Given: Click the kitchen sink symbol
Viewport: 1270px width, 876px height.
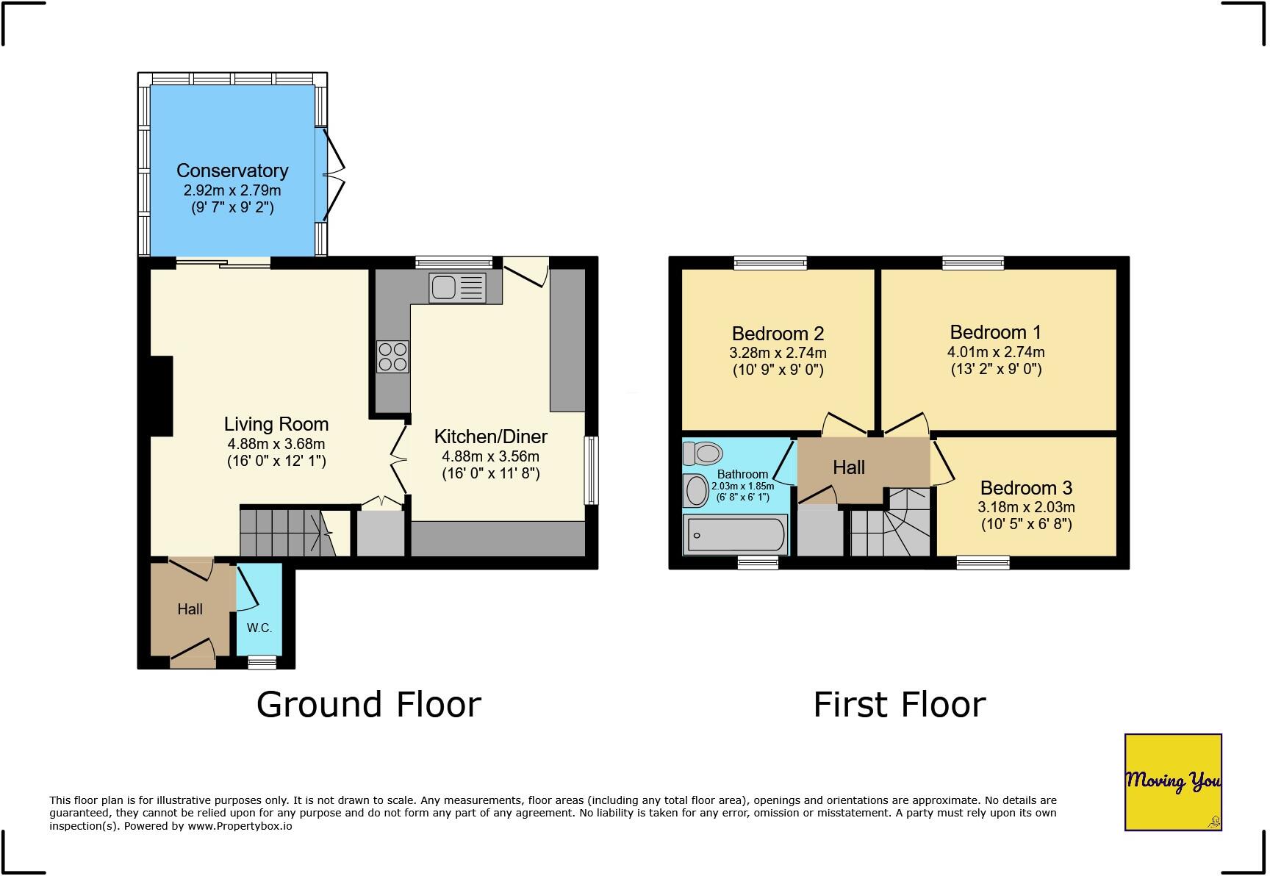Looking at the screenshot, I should click(457, 287).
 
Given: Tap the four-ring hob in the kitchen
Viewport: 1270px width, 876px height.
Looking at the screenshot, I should click(392, 357).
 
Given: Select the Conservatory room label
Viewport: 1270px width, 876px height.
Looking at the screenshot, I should click(232, 170).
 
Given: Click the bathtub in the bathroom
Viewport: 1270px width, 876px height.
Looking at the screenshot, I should click(735, 535).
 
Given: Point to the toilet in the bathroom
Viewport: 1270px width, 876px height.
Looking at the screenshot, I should click(701, 453).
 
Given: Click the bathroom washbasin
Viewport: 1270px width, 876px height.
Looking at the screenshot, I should click(696, 491).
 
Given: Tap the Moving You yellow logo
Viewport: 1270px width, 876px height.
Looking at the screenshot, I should click(1172, 782).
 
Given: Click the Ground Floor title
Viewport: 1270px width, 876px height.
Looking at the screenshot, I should click(368, 704).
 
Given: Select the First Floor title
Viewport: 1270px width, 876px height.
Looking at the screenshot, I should click(899, 704).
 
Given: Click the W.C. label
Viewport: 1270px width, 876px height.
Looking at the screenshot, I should click(259, 628).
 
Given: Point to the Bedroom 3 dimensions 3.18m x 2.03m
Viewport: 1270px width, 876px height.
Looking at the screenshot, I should click(1026, 507).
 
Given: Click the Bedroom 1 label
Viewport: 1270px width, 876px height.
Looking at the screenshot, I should click(995, 332).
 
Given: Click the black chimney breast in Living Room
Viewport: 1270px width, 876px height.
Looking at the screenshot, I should click(161, 395).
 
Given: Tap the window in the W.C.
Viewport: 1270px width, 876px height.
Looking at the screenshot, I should click(262, 662).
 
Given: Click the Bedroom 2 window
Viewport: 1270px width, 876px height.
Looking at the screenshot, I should click(769, 262).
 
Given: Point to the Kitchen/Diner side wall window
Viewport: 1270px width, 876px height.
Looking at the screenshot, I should click(591, 470).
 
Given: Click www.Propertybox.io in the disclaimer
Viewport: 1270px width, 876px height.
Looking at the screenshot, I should click(239, 825).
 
